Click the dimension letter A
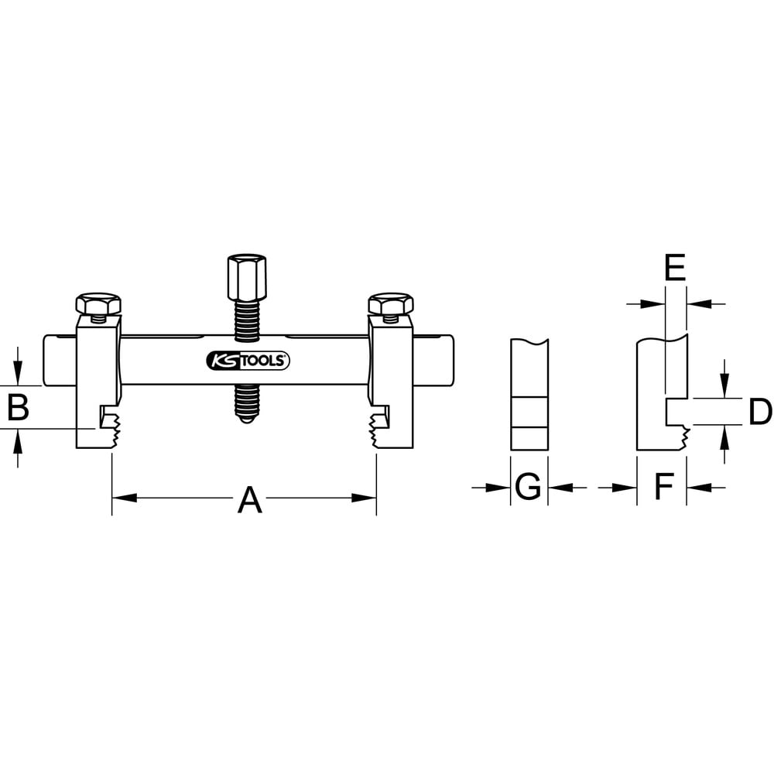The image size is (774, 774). [x=249, y=501]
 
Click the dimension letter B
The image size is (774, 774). [x=17, y=408]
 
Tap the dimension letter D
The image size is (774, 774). [x=760, y=412]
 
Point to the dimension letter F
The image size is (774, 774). [x=663, y=488]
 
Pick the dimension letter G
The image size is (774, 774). [x=528, y=488]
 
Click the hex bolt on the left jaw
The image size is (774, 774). [x=98, y=303]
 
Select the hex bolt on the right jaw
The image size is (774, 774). [x=390, y=303]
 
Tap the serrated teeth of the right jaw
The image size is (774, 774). [x=378, y=432]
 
